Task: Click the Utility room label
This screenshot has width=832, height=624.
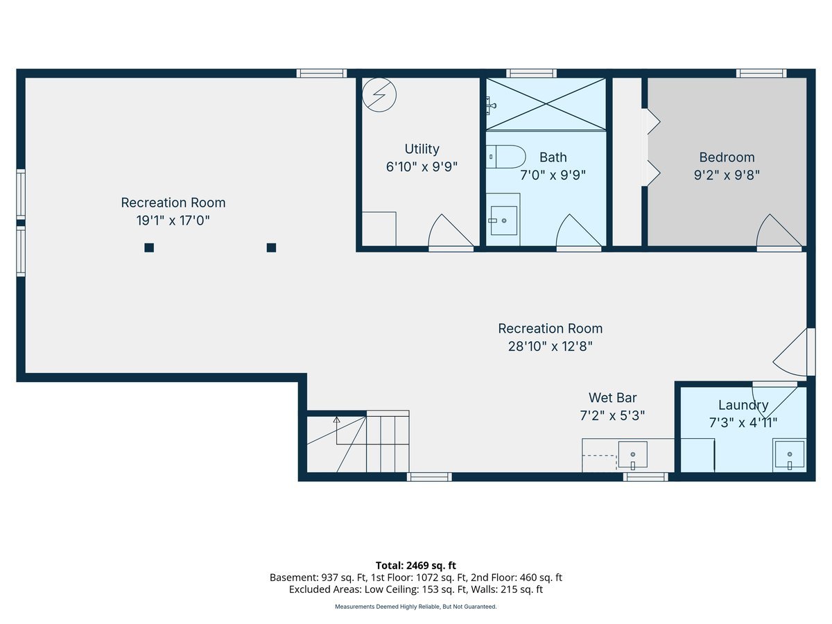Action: (422, 149)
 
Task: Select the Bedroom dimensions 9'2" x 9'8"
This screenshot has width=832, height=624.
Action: (727, 175)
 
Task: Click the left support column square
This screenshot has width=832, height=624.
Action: (149, 248)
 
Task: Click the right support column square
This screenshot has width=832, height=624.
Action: (271, 248)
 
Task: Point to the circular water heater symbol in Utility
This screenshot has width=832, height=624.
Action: (379, 94)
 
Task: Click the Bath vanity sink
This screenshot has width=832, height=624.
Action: (504, 220)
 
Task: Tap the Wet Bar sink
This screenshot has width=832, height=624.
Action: (632, 454)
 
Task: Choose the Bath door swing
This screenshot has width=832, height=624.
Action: (576, 232)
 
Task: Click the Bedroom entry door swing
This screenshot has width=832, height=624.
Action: (777, 232)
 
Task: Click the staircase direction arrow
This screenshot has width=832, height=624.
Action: (337, 420)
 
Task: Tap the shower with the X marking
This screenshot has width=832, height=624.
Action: (546, 104)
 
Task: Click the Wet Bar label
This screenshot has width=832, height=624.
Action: (612, 398)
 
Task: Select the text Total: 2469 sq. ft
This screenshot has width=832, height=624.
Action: (415, 566)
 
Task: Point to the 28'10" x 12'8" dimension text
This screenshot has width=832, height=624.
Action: (550, 346)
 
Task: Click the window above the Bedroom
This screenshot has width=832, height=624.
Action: (761, 73)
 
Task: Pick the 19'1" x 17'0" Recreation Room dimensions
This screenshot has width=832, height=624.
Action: (173, 220)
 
